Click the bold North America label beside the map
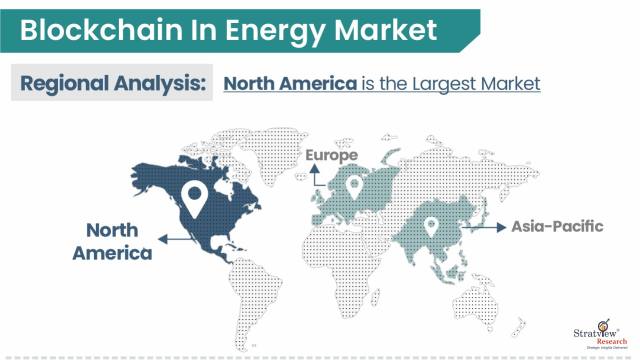[x=112, y=241]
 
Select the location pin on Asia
[x=432, y=229]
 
